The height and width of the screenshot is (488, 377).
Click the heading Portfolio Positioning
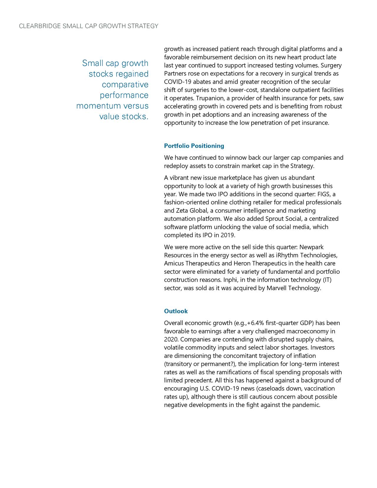pos(194,146)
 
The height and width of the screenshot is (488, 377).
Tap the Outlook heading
pos(176,311)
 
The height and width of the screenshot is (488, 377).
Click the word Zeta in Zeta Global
pos(182,211)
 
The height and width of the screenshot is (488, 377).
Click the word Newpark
pos(311,247)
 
